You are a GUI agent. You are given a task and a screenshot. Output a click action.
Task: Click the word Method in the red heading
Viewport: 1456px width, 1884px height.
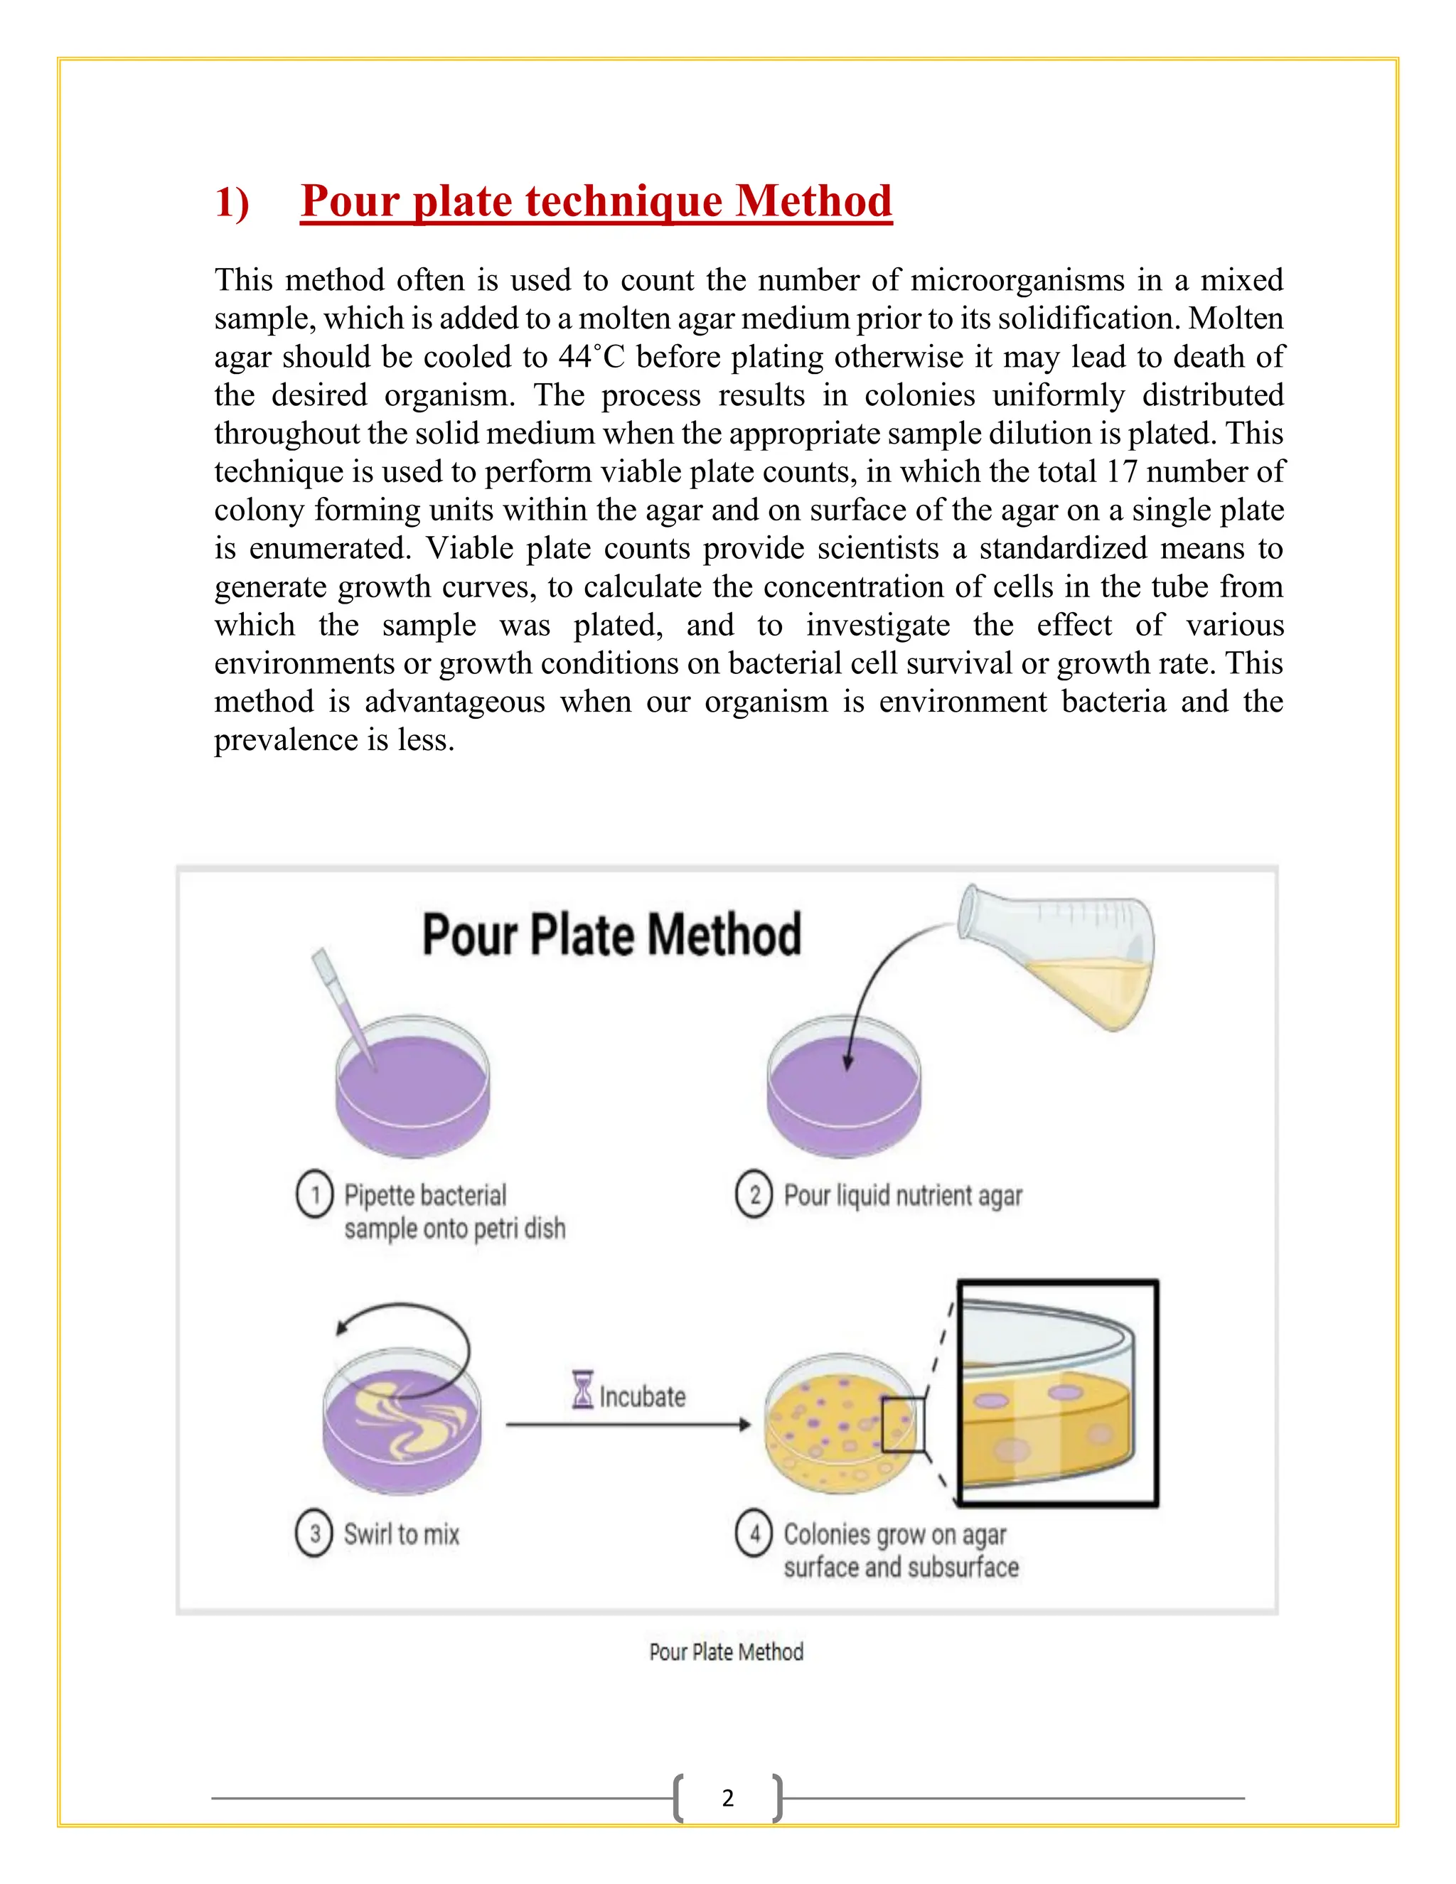(813, 201)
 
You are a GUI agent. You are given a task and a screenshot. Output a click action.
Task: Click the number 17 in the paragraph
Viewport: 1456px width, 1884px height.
(1121, 472)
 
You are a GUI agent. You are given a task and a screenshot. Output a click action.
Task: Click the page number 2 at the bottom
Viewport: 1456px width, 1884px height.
(727, 1798)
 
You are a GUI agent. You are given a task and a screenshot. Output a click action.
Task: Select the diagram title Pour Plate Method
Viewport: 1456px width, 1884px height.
(611, 934)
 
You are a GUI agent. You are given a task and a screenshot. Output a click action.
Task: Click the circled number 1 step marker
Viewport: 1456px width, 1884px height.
(315, 1195)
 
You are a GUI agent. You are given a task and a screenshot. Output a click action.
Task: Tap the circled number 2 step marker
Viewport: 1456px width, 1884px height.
(754, 1195)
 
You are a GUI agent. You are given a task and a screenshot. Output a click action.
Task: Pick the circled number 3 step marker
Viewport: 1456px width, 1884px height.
(315, 1534)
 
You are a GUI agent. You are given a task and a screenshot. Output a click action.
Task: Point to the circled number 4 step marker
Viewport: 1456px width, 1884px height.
(754, 1534)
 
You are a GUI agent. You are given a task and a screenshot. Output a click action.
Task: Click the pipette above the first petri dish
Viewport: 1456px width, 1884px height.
(343, 1005)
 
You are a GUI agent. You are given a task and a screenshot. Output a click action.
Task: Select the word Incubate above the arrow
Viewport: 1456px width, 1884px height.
(643, 1396)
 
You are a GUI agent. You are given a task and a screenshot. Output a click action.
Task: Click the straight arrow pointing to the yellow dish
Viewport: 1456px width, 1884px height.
(628, 1425)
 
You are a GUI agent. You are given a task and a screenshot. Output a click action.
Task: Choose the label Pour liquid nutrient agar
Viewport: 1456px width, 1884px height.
(902, 1196)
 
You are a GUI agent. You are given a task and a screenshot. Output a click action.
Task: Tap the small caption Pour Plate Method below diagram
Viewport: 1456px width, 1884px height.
(727, 1652)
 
